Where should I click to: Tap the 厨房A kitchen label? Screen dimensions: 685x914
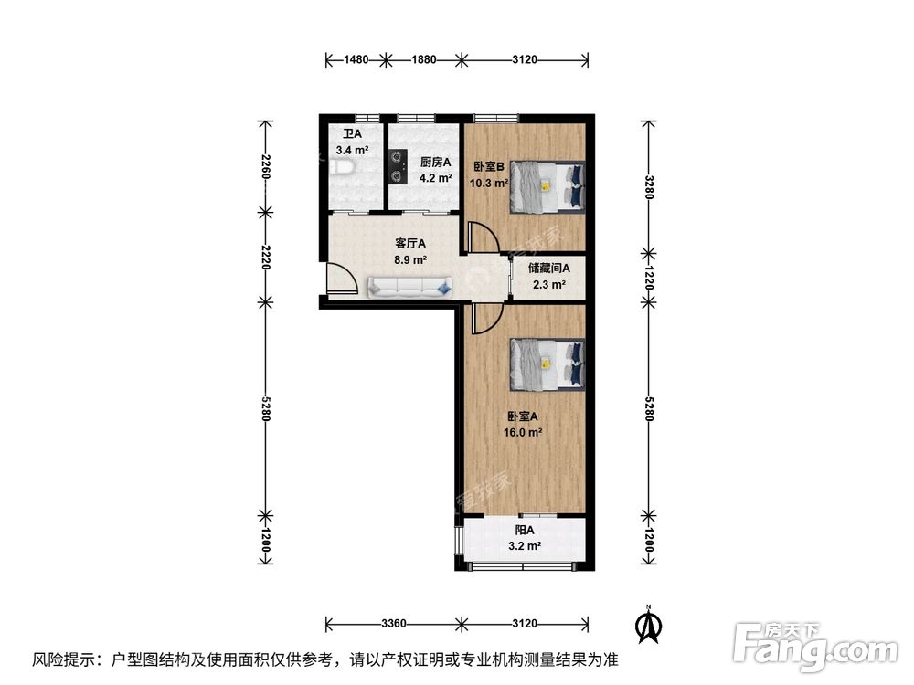(436, 163)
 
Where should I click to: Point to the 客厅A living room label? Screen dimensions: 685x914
(410, 244)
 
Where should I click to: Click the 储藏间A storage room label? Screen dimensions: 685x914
(548, 269)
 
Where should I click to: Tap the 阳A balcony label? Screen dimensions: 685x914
(525, 531)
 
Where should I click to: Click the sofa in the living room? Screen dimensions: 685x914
(410, 288)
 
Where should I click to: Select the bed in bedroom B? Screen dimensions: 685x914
(547, 186)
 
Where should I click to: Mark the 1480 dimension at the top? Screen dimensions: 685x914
(356, 60)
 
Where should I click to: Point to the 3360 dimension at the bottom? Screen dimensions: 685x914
(393, 625)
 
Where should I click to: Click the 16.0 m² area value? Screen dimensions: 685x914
(526, 433)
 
